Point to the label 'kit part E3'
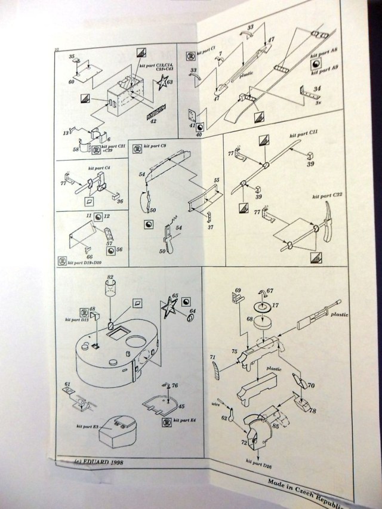click(x=87, y=427)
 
